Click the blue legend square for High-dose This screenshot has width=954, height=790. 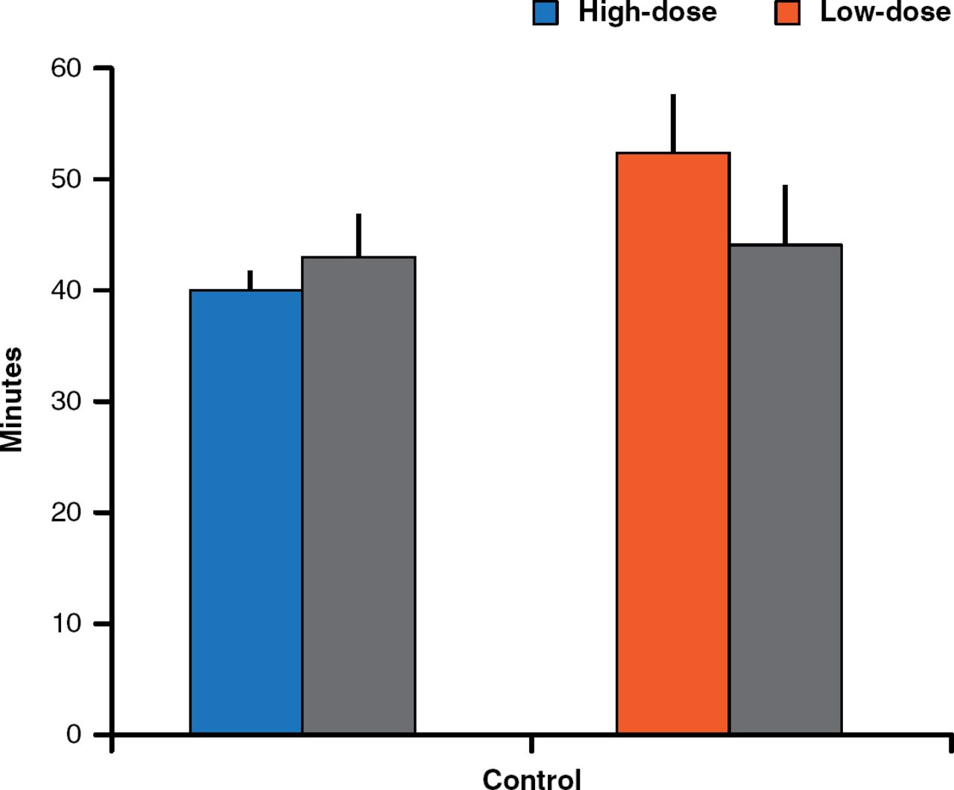click(546, 13)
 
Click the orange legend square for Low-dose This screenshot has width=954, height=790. click(787, 13)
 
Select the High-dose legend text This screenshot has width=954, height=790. click(647, 12)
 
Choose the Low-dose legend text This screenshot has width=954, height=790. click(885, 12)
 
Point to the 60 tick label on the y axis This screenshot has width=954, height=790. click(66, 68)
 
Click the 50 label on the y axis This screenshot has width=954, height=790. click(66, 179)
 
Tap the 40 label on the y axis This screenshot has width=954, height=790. click(66, 290)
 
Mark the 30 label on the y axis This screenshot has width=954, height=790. click(66, 401)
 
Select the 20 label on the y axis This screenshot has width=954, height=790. click(66, 512)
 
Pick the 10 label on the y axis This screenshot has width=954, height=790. click(66, 623)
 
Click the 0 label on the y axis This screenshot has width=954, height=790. click(74, 734)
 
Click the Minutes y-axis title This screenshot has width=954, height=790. click(12, 399)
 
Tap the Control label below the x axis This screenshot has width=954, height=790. click(531, 779)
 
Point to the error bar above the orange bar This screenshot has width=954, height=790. click(673, 123)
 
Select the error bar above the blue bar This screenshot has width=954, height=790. click(250, 280)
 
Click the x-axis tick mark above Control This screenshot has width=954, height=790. click(531, 744)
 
